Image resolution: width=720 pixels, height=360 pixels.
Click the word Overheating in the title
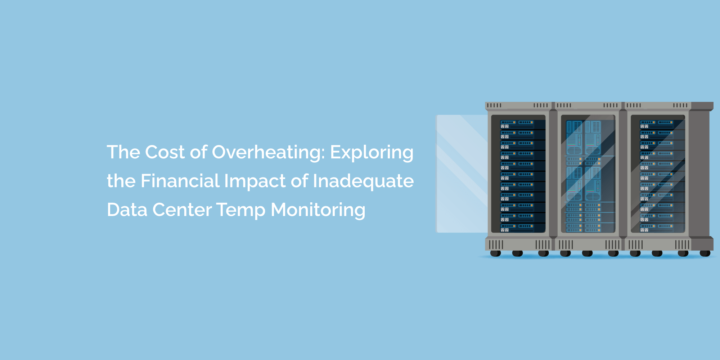[268, 152]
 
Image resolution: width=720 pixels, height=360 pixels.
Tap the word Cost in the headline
[165, 152]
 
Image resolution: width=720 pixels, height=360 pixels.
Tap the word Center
[182, 210]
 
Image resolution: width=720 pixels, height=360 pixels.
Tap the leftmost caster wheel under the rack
[496, 253]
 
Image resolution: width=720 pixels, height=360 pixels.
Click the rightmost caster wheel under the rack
[705, 253]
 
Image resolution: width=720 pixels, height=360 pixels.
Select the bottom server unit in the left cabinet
[518, 228]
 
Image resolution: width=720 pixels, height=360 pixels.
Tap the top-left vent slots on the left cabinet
[494, 105]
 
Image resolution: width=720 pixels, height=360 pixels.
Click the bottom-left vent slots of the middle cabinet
[566, 245]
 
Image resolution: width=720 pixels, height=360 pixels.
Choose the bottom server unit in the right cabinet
[657, 228]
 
